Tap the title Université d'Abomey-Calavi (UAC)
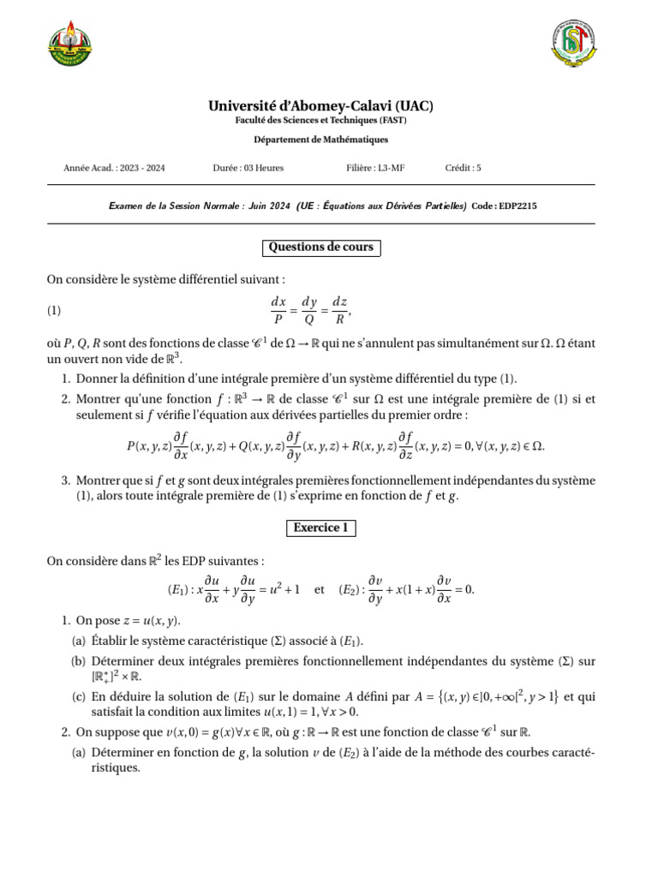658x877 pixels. click(321, 106)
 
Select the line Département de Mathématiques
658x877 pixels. click(321, 140)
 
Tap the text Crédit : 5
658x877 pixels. click(464, 168)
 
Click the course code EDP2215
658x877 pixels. click(517, 206)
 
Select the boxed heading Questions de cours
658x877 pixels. click(321, 248)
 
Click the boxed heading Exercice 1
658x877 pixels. click(321, 528)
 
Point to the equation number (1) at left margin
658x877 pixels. click(55, 310)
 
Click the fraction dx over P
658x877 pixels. click(278, 310)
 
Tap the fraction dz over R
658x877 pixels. click(339, 310)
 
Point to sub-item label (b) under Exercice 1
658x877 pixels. click(78, 661)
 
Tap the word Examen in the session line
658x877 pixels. click(128, 206)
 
